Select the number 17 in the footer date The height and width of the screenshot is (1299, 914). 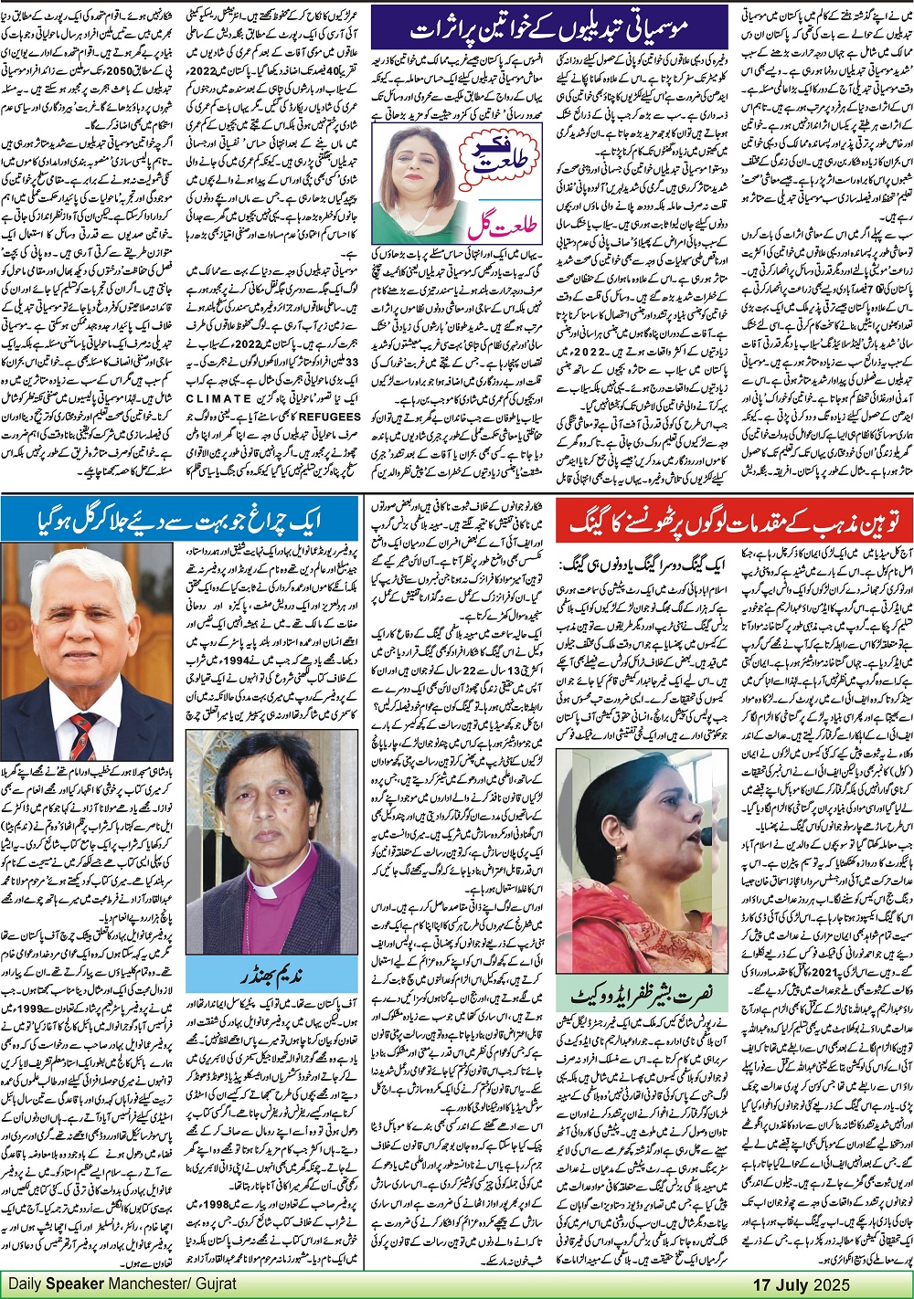click(762, 1284)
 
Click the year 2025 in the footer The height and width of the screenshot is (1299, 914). click(831, 1284)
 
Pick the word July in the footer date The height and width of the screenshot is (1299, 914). click(792, 1284)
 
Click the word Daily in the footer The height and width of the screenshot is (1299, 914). click(27, 1283)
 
